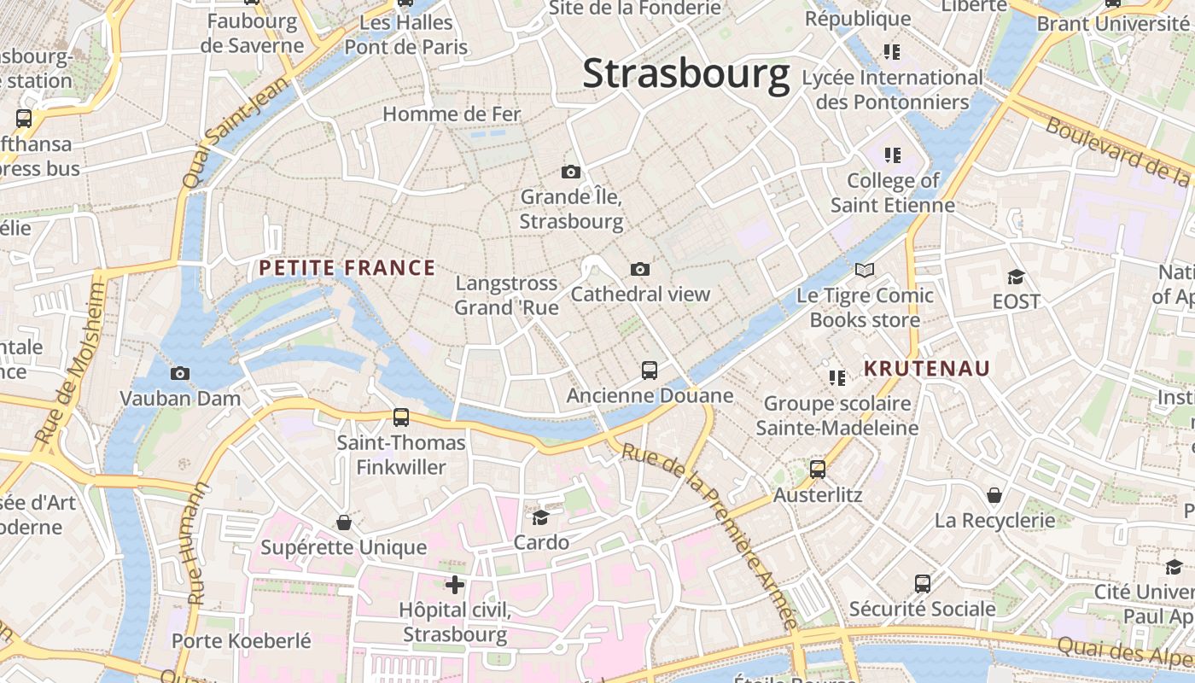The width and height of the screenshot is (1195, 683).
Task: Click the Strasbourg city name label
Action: [x=686, y=74]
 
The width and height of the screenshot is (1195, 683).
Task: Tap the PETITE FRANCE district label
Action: [x=347, y=268]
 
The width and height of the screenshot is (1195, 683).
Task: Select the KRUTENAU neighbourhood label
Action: [x=927, y=369]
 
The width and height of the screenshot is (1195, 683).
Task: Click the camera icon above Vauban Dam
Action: [x=180, y=373]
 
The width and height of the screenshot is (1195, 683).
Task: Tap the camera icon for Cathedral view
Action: [x=640, y=270]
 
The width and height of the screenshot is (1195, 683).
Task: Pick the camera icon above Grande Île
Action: [x=571, y=172]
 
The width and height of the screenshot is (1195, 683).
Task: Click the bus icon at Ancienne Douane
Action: [x=650, y=371]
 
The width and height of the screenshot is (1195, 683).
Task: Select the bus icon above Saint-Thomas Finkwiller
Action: [x=401, y=417]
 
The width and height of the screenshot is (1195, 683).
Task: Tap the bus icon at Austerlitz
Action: [x=818, y=470]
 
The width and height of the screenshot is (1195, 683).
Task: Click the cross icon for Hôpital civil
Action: [x=455, y=585]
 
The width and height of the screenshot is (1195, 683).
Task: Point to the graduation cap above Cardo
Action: [x=541, y=517]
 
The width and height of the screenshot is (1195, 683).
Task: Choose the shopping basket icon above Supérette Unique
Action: [x=344, y=522]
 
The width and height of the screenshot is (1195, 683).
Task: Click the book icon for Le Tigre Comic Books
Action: [x=865, y=271]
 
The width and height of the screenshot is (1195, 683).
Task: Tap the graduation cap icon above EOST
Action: [x=1016, y=277]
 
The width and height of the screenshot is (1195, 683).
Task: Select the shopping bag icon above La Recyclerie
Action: [x=994, y=495]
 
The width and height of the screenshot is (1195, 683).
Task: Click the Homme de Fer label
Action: [x=452, y=114]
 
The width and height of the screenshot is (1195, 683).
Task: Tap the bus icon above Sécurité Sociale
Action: [x=923, y=584]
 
